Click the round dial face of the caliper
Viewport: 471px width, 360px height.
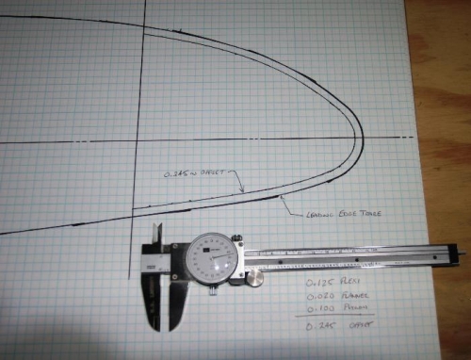[208, 255]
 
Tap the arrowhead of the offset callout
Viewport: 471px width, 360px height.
[242, 191]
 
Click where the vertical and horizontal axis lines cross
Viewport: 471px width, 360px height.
[144, 141]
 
